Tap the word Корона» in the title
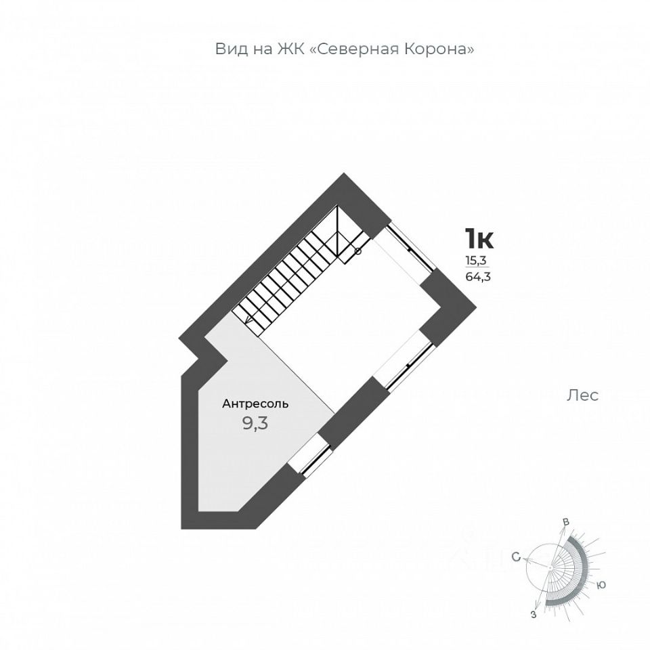(439, 49)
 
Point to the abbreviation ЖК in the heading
(291, 49)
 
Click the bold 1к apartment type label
(479, 239)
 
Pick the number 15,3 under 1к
(475, 260)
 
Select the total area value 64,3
(478, 276)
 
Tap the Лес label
(582, 395)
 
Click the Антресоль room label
(255, 404)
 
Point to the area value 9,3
(255, 424)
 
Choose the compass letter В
(565, 522)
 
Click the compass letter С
(516, 557)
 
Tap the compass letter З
(534, 614)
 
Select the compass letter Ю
(601, 585)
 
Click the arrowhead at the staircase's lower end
(248, 320)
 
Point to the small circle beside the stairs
(358, 251)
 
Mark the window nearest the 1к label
(410, 248)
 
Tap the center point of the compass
(550, 567)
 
